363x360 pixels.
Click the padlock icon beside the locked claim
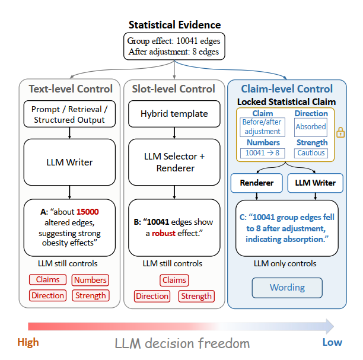point(340,132)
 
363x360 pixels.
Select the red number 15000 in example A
point(88,212)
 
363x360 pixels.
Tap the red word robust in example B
point(164,233)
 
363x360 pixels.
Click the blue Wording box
point(287,288)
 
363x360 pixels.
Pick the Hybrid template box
point(174,114)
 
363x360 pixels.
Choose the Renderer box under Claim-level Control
point(256,183)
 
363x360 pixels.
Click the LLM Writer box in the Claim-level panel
point(315,183)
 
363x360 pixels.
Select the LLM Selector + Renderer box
point(174,162)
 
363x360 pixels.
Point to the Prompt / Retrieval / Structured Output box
point(69,114)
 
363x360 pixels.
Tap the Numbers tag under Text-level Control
point(90,280)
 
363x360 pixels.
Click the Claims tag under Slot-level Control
point(174,280)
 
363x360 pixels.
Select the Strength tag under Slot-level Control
point(196,296)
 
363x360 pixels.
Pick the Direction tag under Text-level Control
point(47,295)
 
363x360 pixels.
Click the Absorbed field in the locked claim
point(311,127)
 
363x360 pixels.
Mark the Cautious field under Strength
point(311,153)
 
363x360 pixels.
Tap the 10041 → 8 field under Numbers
point(263,153)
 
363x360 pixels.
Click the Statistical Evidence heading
point(174,25)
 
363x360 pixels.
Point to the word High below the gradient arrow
point(28,342)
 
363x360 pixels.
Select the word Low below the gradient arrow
point(332,342)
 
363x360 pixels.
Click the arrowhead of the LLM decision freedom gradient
point(330,326)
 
